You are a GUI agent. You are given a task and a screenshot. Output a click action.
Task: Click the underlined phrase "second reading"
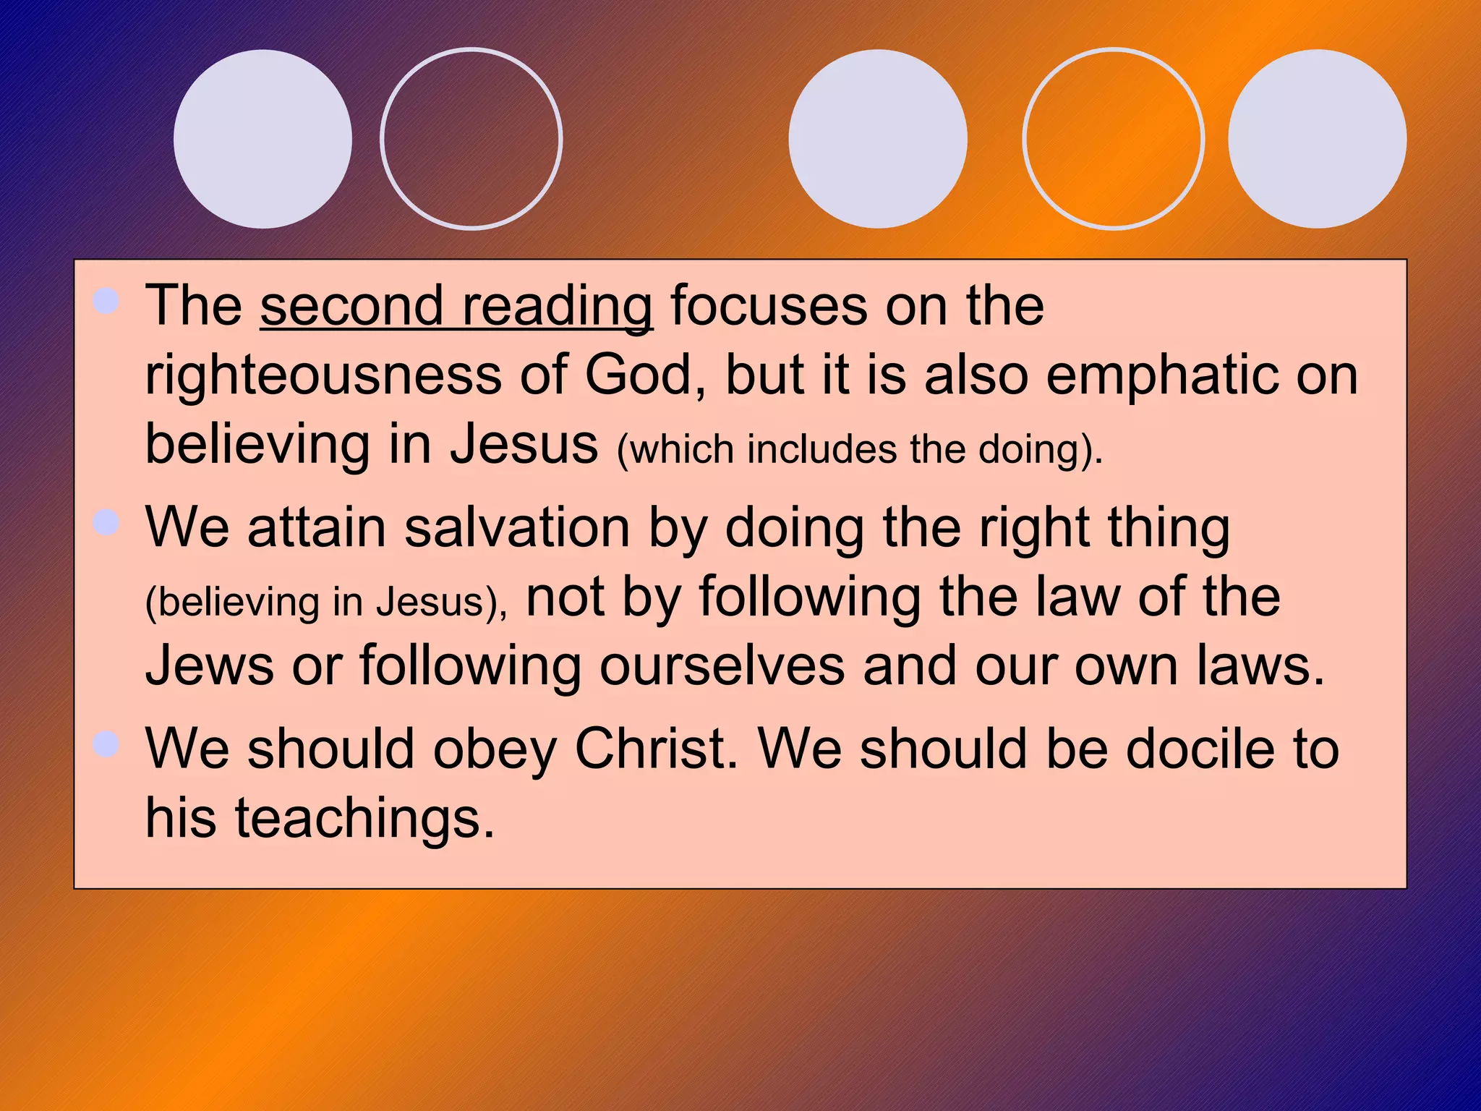coord(456,307)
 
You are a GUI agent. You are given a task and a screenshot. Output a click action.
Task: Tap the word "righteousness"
coord(323,376)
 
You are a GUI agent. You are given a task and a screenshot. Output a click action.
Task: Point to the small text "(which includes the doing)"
coord(859,449)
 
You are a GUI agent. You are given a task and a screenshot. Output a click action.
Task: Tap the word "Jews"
coord(210,665)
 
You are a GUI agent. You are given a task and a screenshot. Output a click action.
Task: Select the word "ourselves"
coord(722,665)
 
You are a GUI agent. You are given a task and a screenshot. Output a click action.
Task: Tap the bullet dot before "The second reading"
coord(106,301)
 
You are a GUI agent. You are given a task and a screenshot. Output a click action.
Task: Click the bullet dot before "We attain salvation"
coord(106,522)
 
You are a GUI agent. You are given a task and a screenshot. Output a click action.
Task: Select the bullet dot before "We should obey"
coord(106,744)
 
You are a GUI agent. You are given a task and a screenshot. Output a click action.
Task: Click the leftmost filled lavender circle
coord(263,139)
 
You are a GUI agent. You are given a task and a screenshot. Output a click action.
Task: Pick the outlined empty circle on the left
coord(471,139)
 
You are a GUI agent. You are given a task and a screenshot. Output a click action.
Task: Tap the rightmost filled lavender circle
coord(1317,139)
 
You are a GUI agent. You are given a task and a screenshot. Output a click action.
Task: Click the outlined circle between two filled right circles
coord(1113,139)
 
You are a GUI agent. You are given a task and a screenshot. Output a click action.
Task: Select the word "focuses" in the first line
coord(769,307)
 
